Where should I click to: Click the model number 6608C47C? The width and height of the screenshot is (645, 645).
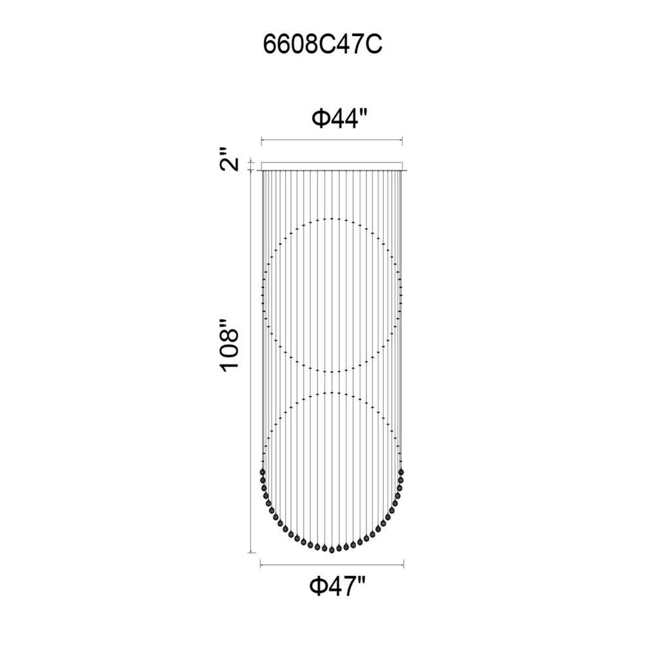(322, 45)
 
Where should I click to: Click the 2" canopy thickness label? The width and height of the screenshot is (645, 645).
(230, 159)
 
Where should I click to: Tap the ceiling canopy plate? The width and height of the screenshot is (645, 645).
(332, 166)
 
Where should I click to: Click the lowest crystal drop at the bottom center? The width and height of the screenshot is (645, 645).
(332, 550)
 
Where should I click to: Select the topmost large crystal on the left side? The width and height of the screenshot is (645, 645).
(263, 471)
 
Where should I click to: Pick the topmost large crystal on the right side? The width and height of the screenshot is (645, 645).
(401, 471)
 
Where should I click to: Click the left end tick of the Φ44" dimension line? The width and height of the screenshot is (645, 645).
(262, 141)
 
